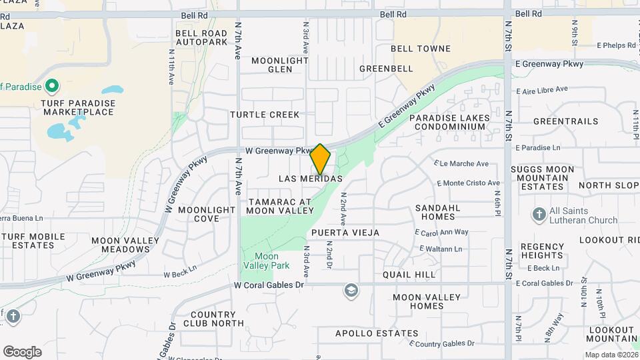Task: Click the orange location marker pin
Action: [x=321, y=160]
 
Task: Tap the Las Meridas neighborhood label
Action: [x=311, y=179]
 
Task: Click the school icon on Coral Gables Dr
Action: [x=351, y=291]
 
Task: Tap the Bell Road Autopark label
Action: [x=201, y=37]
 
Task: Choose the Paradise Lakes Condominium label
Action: [x=449, y=123]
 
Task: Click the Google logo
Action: [x=22, y=351]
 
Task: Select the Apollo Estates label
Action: [x=377, y=333]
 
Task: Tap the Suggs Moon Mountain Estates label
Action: [x=542, y=178]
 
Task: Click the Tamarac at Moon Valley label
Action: [x=279, y=205]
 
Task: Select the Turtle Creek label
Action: [x=265, y=115]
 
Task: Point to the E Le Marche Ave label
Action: [x=461, y=163]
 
